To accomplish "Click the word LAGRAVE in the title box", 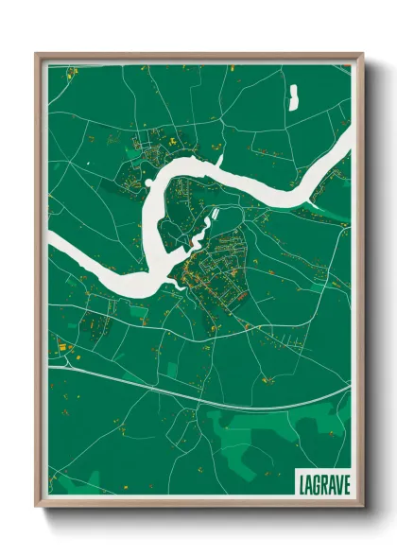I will click(322, 483).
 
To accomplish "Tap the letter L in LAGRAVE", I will click(302, 483).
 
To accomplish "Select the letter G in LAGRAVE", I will click(316, 483).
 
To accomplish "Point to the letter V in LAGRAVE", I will click(336, 483).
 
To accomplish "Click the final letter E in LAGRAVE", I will click(343, 483).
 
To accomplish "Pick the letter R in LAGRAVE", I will click(322, 483).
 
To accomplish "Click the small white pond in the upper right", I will click(293, 96).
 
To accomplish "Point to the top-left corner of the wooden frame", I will click(36, 54).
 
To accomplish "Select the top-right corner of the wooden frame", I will click(362, 54).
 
